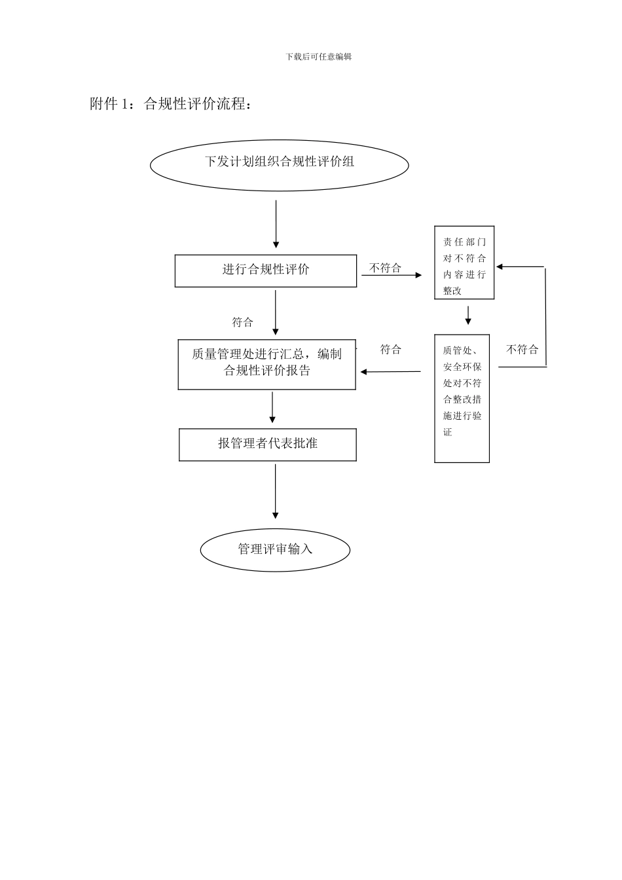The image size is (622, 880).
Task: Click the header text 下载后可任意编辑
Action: [x=319, y=57]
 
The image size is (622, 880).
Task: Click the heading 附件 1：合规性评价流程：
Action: [x=171, y=104]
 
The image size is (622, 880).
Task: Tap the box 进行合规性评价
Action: [x=266, y=270]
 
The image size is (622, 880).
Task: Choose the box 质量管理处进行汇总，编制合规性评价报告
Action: [x=267, y=364]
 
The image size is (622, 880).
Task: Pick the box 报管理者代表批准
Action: [x=268, y=445]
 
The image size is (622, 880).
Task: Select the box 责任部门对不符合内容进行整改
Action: [x=464, y=263]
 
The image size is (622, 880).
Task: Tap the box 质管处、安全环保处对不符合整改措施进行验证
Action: [x=462, y=399]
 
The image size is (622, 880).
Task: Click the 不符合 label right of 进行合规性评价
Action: [x=386, y=268]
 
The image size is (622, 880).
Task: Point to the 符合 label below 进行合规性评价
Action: [x=242, y=322]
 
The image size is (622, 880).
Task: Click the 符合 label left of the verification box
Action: [x=391, y=350]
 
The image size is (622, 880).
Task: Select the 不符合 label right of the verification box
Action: [x=522, y=350]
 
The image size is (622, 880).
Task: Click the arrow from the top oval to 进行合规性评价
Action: [x=276, y=224]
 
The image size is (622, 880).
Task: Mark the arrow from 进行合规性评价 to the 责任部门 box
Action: [x=392, y=276]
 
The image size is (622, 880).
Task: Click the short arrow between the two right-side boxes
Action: [x=468, y=316]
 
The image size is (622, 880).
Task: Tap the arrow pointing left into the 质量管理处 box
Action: [x=390, y=372]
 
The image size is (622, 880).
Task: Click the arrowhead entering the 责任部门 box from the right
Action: [x=500, y=266]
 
